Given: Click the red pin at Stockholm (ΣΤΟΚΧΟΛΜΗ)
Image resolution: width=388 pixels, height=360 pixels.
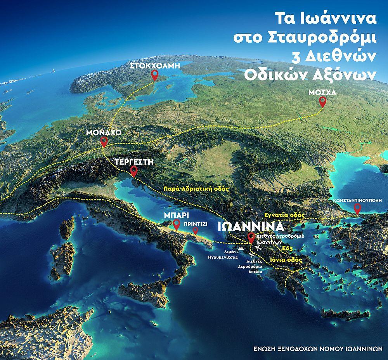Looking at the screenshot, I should click(155, 75).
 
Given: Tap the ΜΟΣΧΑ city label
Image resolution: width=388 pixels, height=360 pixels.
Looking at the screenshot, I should click(320, 93).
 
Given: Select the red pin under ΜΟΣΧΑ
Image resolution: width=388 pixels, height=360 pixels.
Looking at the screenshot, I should click(322, 102).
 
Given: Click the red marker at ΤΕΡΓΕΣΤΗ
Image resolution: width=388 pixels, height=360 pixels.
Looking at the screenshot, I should click(134, 171).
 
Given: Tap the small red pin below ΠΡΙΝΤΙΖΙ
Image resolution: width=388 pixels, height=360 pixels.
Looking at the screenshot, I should click(195, 231).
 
